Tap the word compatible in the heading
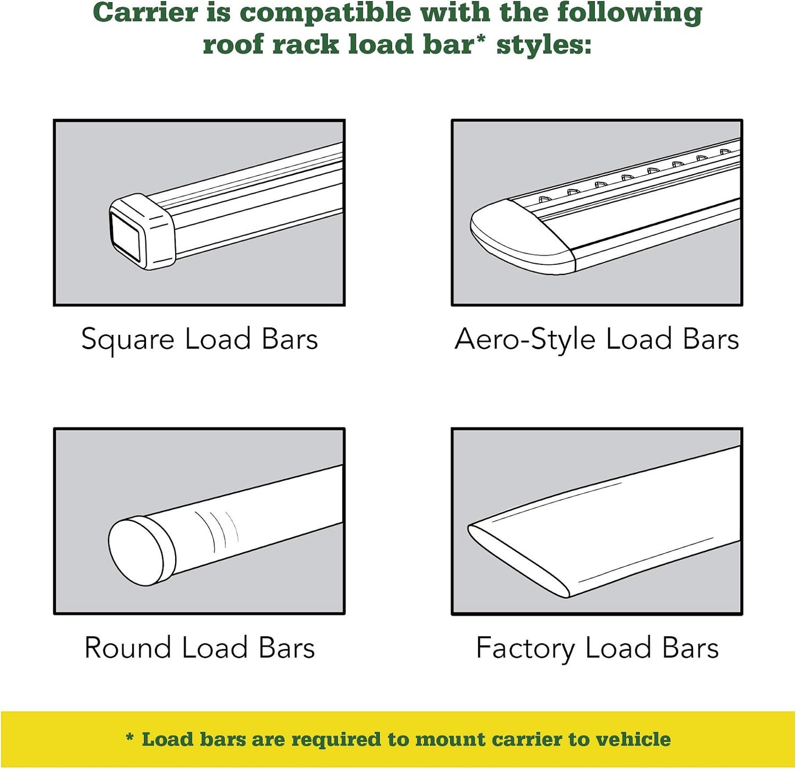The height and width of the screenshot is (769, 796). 326,14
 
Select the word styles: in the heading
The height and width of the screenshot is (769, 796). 544,44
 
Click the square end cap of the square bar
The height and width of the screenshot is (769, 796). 142,231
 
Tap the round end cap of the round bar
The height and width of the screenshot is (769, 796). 142,551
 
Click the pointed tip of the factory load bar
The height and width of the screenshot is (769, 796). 469,528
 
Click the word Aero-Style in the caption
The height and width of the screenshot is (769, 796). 525,339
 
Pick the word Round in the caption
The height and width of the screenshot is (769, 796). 128,648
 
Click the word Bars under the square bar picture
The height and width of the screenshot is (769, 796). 290,339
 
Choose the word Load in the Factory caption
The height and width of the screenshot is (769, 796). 618,648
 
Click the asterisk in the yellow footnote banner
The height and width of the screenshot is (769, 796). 129,738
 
